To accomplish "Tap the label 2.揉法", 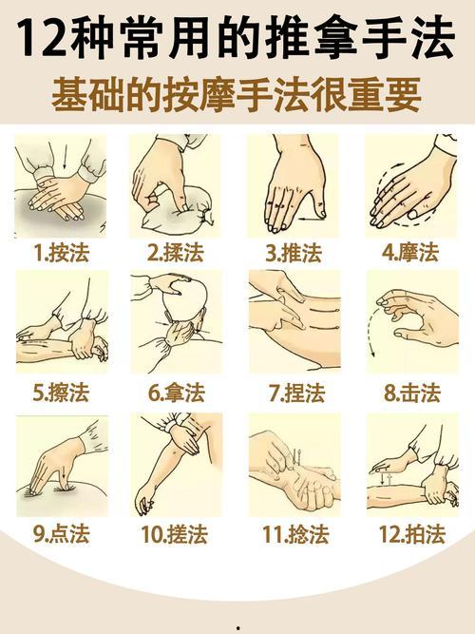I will [x=177, y=252].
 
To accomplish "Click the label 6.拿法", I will [x=177, y=392].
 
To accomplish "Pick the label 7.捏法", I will [x=296, y=392].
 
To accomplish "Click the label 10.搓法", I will [x=177, y=534].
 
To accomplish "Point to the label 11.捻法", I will [x=295, y=534].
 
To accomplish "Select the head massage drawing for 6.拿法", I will [x=177, y=324].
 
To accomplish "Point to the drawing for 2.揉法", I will [x=177, y=185].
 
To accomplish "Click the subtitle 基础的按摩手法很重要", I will [x=237, y=94].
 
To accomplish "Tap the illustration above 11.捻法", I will [x=295, y=464].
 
